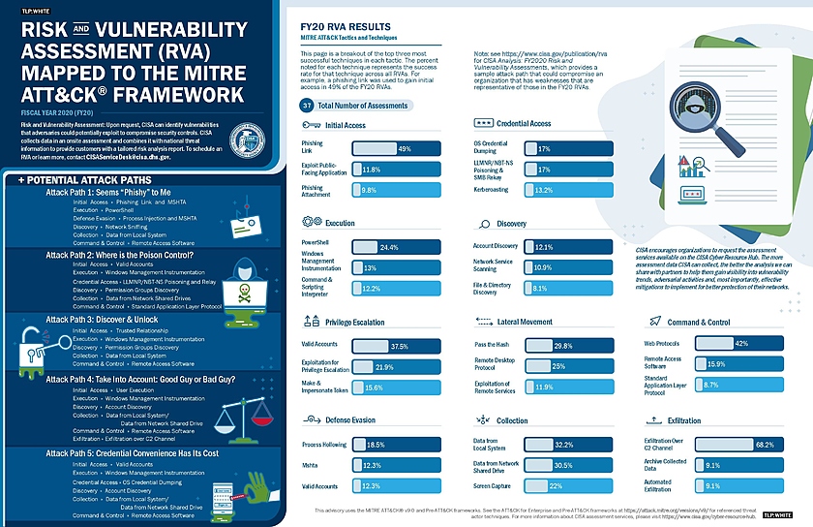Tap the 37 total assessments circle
pos(307,105)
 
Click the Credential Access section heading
pos(524,124)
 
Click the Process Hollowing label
pos(323,443)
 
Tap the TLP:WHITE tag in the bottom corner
pos(779,515)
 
